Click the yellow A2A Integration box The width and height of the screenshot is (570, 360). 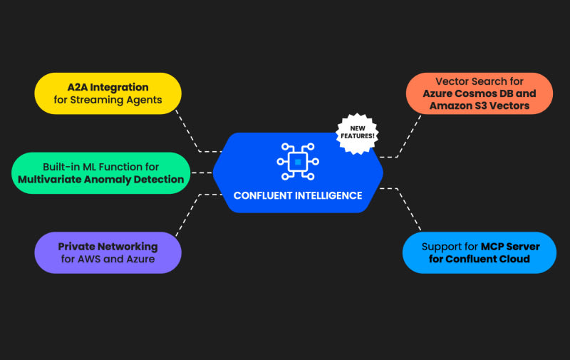108,93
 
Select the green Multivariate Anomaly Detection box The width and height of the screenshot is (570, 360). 101,173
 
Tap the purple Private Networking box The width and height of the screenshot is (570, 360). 108,252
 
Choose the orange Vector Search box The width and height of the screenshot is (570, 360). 479,93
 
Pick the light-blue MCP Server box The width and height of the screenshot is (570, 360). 479,252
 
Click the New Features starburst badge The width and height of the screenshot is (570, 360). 356,131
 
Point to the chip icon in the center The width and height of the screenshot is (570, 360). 297,162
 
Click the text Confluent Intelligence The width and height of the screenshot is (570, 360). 298,195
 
